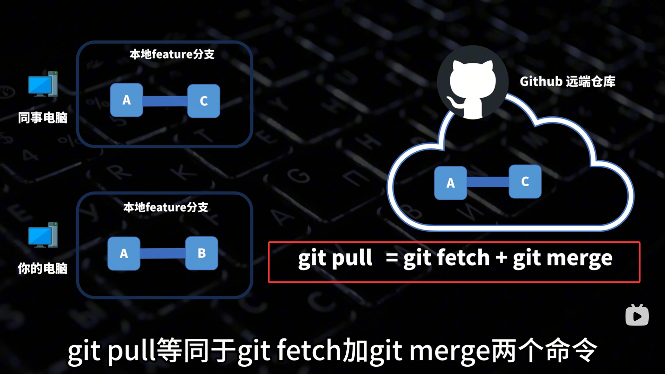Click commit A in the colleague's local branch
tap(126, 100)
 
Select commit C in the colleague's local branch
tap(204, 101)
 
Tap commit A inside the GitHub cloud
tap(451, 183)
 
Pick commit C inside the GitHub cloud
tap(525, 181)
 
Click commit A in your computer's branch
tap(124, 253)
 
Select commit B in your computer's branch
tap(202, 253)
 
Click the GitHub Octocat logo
tap(472, 83)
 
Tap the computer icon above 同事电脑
tap(43, 84)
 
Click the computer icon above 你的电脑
tap(43, 235)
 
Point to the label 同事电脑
tap(43, 118)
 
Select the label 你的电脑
tap(43, 268)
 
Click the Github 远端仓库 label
tap(567, 82)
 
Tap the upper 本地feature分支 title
tap(172, 54)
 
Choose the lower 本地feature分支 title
tap(166, 207)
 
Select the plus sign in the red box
tap(501, 258)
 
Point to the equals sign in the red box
tap(392, 258)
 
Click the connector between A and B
tap(163, 253)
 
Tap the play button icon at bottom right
tap(637, 315)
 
